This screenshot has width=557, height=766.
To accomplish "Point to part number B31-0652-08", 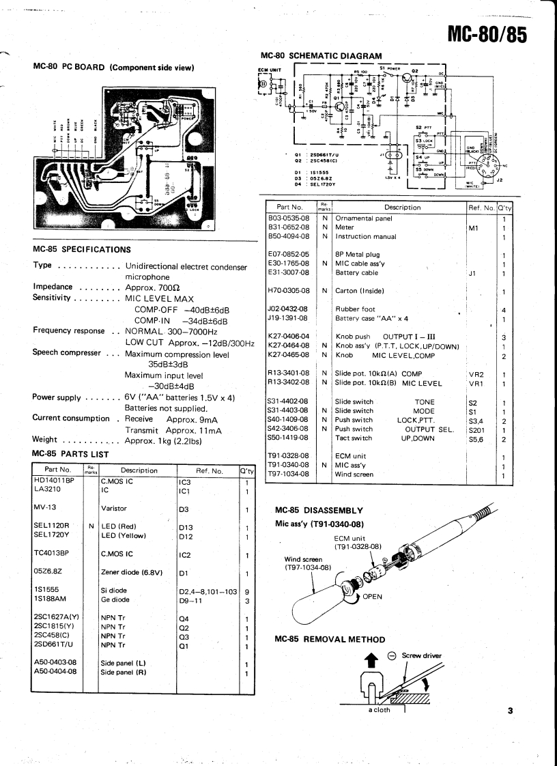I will tap(291, 227).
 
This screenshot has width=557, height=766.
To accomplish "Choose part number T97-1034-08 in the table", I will tap(291, 474).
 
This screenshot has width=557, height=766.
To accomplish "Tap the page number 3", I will tap(510, 711).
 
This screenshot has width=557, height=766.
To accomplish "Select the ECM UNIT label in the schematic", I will tap(268, 68).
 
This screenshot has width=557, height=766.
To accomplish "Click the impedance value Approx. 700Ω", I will tap(155, 288).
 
